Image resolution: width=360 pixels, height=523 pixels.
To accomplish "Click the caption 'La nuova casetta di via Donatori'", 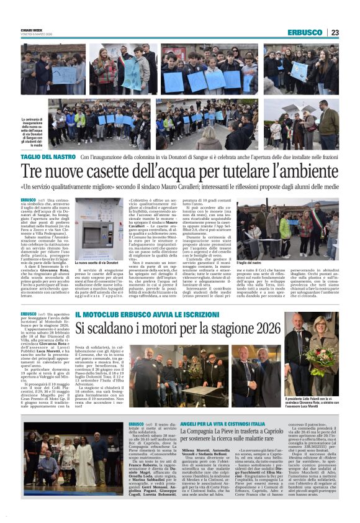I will tap(96, 263).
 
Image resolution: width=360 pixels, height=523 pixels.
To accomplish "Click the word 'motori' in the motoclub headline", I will tap(152, 328).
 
